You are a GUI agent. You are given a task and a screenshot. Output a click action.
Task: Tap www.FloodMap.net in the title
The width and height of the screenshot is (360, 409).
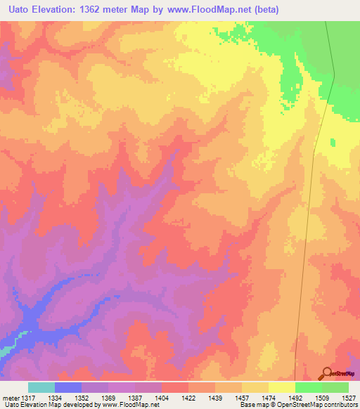[214, 10]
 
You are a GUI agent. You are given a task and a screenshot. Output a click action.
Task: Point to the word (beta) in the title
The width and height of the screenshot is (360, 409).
[266, 10]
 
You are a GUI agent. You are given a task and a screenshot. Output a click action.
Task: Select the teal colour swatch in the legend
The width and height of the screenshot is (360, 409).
[41, 387]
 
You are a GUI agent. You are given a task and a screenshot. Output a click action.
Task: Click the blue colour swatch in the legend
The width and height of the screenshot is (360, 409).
[68, 387]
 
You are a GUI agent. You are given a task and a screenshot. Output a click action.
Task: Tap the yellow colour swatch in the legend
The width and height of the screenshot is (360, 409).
[281, 387]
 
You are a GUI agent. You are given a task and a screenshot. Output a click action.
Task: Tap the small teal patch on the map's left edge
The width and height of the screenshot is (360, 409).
[4, 350]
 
